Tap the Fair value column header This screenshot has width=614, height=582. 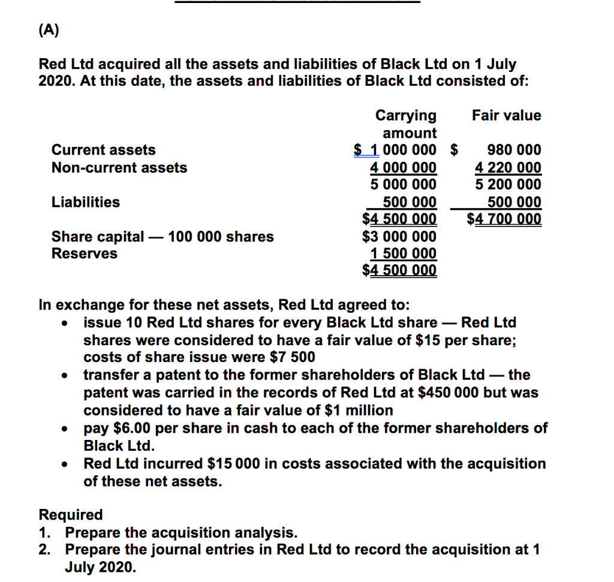point(506,115)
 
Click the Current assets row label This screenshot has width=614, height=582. point(103,150)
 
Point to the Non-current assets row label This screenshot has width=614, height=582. point(119,168)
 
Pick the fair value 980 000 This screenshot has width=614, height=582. point(514,150)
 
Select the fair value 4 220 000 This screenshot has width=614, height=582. point(508,168)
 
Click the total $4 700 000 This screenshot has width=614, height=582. point(504,219)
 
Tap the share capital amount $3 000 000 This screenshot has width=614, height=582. point(400,237)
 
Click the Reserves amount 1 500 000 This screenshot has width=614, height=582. point(404,254)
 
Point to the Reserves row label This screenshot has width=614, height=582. point(85,254)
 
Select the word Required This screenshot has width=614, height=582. point(71,515)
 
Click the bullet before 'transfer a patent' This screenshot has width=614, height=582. point(63,376)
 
